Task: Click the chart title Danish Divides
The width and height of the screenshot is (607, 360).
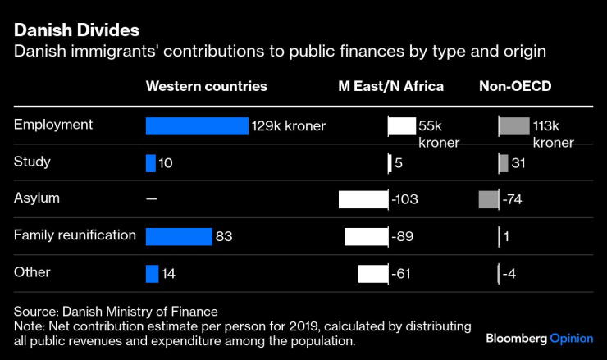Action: [76, 30]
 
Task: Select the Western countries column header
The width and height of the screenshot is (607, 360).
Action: [206, 86]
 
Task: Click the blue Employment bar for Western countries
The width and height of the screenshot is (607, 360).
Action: [197, 125]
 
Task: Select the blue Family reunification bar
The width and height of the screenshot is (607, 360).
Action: [179, 236]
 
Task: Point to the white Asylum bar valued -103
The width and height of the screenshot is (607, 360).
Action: [363, 199]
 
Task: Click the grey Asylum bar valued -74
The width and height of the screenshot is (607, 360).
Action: [488, 199]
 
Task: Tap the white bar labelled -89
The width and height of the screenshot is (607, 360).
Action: [366, 236]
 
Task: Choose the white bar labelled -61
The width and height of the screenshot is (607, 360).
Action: [372, 273]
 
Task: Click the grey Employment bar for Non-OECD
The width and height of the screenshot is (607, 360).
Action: [514, 125]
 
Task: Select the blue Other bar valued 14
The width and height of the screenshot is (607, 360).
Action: [152, 273]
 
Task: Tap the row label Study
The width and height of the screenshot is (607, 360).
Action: [32, 162]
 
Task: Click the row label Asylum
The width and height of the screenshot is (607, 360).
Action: [37, 198]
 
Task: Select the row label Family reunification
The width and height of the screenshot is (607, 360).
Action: [75, 235]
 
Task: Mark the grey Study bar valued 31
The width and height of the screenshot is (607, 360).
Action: [504, 162]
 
